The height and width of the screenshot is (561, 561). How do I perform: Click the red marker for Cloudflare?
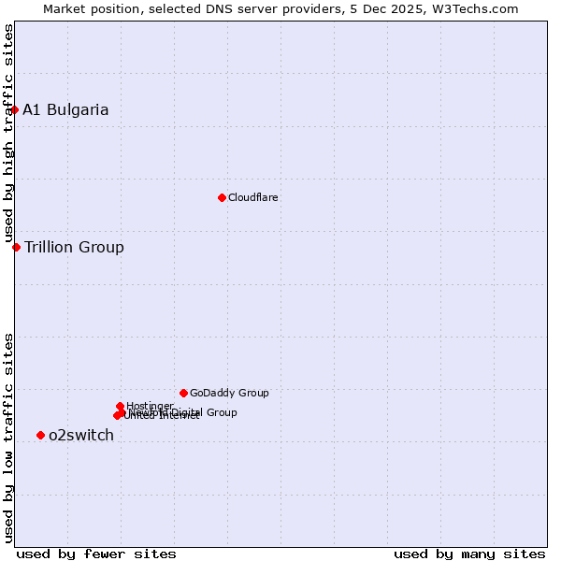pos(222,197)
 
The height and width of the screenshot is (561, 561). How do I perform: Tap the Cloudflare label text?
pos(253,198)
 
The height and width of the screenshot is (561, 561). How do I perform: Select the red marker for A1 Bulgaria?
pos(14,109)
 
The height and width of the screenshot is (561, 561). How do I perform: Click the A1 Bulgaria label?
pos(65,110)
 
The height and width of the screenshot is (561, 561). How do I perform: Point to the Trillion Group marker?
pos(16,247)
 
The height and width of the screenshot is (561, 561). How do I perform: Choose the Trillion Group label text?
pos(74,248)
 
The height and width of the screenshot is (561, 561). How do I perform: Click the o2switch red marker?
pos(40,435)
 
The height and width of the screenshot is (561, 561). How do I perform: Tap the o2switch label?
pos(81,436)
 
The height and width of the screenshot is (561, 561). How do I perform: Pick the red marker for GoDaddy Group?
pos(183,393)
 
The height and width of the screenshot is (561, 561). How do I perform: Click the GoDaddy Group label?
pos(229,394)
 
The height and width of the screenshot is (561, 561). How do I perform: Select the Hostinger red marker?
pos(120,406)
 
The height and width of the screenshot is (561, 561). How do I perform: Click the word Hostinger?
pos(150,406)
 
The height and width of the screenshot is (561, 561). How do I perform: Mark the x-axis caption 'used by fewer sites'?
pos(96,554)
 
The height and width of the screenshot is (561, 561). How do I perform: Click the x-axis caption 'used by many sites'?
pos(469,554)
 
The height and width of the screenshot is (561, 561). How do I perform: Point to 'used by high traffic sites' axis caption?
pos(8,133)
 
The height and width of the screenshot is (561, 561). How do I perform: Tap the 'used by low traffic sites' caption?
pos(8,438)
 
